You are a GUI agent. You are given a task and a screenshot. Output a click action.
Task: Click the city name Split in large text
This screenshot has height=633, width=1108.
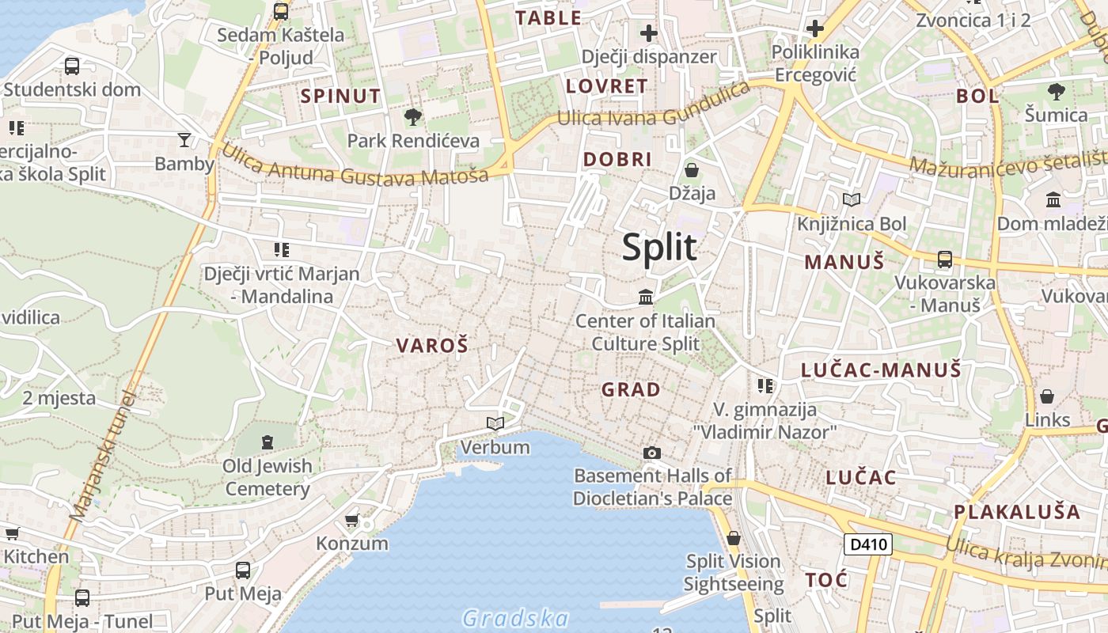pos(659,248)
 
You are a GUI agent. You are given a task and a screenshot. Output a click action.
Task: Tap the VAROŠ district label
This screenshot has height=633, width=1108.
pos(432,345)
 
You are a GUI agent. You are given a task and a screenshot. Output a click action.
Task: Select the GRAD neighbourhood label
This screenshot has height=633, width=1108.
pos(631,389)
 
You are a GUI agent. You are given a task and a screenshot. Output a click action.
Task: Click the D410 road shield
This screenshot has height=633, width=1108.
pos(868,544)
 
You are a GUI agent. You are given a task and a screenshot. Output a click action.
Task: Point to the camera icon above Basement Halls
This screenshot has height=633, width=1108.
pos(652,453)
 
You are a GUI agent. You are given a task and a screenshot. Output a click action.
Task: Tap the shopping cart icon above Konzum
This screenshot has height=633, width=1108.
pos(352,521)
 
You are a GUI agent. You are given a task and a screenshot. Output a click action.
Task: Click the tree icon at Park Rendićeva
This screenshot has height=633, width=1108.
pos(412,118)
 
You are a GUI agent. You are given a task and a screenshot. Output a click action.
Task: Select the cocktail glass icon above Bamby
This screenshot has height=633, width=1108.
pos(184,140)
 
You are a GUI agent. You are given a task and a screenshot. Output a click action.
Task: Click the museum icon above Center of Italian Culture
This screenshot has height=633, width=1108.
pos(646,298)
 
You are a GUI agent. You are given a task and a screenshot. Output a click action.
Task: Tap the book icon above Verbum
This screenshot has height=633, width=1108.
pos(495,424)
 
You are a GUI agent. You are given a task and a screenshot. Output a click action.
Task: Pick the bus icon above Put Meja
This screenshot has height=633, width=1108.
pos(243,570)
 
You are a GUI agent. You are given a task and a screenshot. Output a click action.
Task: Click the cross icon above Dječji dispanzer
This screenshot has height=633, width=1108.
pos(649,33)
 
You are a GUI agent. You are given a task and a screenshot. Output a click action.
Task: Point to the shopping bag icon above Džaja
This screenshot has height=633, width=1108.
pos(692,170)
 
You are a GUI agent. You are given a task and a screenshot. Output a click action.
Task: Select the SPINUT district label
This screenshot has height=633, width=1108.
pos(340,97)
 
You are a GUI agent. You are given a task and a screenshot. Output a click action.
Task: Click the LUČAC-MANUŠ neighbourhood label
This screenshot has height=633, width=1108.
pos(881,370)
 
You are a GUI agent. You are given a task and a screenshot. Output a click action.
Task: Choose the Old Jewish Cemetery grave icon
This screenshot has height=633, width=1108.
pos(267,442)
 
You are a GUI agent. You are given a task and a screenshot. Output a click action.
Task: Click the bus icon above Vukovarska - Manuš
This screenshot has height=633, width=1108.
pos(945,259)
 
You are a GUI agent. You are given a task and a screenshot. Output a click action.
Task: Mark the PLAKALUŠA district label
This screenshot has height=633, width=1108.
pos(1017,512)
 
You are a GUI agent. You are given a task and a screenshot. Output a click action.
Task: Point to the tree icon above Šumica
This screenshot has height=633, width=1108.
pos(1056,92)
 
